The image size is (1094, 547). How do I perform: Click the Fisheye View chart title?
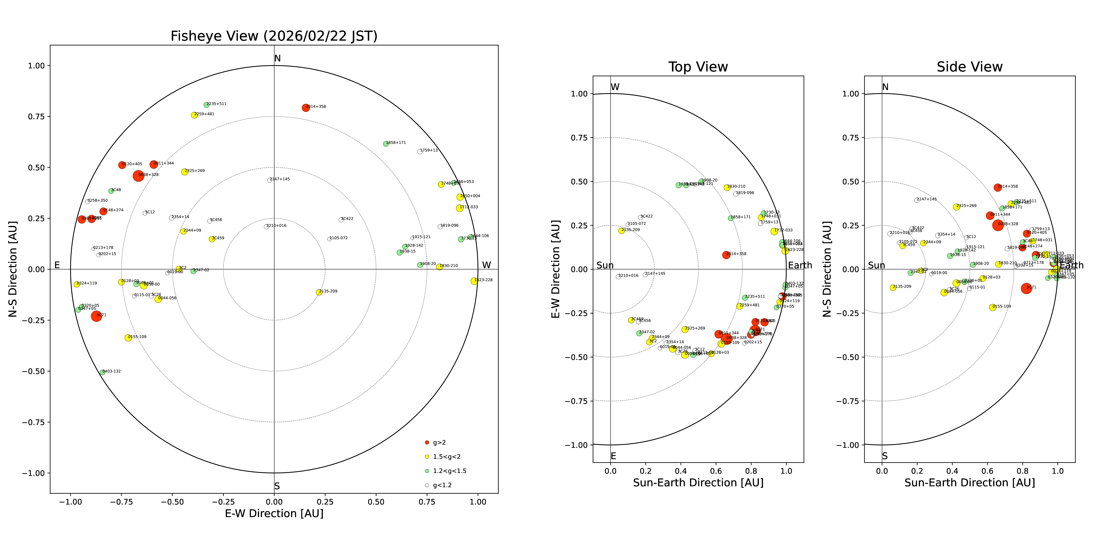pyautogui.click(x=274, y=36)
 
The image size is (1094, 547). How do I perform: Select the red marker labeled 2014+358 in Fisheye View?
pyautogui.click(x=305, y=108)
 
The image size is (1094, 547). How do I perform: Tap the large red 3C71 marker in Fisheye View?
pyautogui.click(x=96, y=316)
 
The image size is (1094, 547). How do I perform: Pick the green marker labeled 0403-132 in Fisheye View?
pyautogui.click(x=102, y=373)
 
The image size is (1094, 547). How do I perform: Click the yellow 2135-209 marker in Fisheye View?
pyautogui.click(x=319, y=292)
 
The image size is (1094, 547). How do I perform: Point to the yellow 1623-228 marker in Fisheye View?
pyautogui.click(x=474, y=281)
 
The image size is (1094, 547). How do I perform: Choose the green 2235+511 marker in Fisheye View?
pyautogui.click(x=206, y=105)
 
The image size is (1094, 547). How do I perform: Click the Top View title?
pyautogui.click(x=698, y=67)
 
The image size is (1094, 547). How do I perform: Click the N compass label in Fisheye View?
pyautogui.click(x=277, y=59)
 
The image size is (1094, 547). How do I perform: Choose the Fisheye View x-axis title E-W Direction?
pyautogui.click(x=274, y=513)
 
